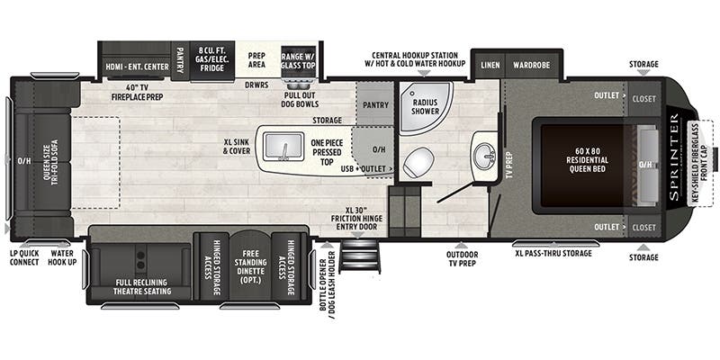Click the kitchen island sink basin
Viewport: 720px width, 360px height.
[283, 146]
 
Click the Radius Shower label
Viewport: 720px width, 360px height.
[425, 106]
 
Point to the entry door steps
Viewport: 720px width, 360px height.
[359, 256]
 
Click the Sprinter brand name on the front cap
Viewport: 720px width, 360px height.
[674, 157]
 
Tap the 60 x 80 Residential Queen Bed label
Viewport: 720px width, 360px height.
[587, 160]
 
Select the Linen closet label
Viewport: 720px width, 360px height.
[490, 65]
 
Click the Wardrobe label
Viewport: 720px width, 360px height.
[532, 65]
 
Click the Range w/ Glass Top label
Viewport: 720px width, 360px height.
[298, 60]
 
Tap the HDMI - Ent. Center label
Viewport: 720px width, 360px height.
[138, 67]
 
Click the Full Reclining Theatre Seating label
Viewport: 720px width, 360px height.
[142, 286]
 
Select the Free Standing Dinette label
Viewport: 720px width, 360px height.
[251, 266]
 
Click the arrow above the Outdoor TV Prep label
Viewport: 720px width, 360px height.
[462, 246]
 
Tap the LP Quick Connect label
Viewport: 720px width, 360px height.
[24, 257]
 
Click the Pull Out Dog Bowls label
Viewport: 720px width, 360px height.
[300, 100]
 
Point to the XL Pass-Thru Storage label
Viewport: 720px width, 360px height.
[553, 253]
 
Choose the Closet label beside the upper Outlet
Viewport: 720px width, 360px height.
[643, 99]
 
